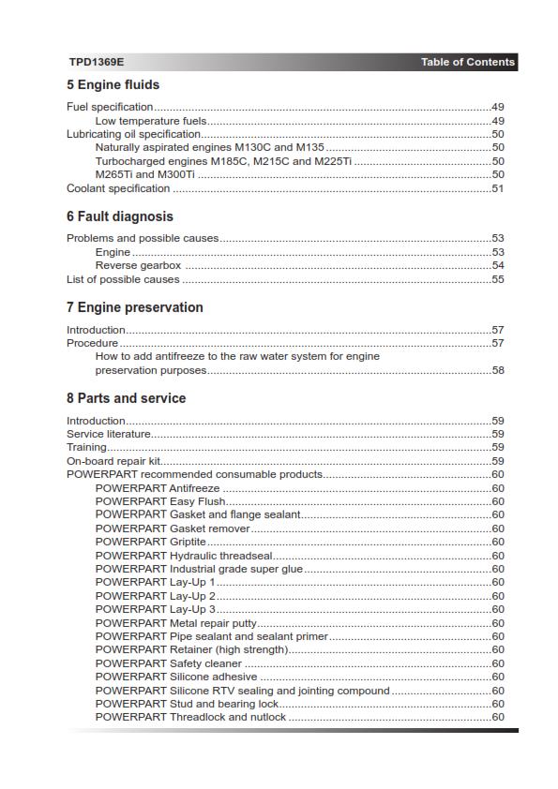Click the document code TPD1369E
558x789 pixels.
[96, 63]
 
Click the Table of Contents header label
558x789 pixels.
[467, 63]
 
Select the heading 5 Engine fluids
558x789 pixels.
[113, 85]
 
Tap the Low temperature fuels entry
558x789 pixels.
[151, 121]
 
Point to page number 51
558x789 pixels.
[498, 188]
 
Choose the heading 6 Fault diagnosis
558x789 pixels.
[119, 216]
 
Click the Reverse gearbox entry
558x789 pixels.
[138, 265]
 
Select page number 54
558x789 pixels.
[498, 265]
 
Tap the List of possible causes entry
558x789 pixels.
[122, 279]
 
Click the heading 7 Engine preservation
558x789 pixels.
[134, 307]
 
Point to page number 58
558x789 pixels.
[498, 370]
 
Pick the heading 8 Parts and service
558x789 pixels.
[126, 398]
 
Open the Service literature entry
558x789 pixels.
[109, 434]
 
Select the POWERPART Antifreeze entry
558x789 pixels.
[158, 488]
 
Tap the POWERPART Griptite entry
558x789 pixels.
[150, 542]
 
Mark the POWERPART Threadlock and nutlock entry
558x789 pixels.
[190, 717]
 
